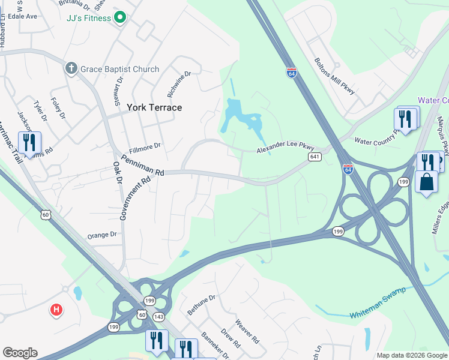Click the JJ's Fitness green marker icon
[x=120, y=17]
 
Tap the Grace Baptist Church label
[x=121, y=69]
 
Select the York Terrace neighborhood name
[x=154, y=107]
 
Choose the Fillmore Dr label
[x=145, y=146]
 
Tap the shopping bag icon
[x=426, y=182]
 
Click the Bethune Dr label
[x=201, y=305]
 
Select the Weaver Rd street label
[x=248, y=332]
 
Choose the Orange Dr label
[x=101, y=235]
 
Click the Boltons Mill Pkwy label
[x=335, y=76]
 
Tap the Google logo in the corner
[x=20, y=353]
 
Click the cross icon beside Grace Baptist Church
[x=71, y=68]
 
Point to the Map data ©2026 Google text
[x=411, y=355]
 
